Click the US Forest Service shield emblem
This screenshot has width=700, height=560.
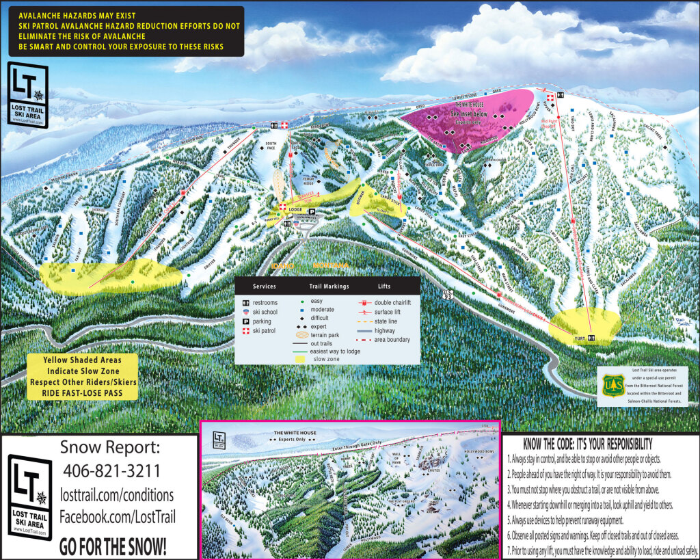coord(613,386)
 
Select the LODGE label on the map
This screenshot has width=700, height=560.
coord(295,210)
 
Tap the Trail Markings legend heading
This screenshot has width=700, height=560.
coord(329,286)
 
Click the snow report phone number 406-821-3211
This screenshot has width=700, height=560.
coord(111,471)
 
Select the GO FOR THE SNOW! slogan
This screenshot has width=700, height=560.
coord(112,547)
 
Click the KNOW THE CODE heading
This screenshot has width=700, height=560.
coord(587,444)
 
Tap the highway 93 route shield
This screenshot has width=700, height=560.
coord(448,294)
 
